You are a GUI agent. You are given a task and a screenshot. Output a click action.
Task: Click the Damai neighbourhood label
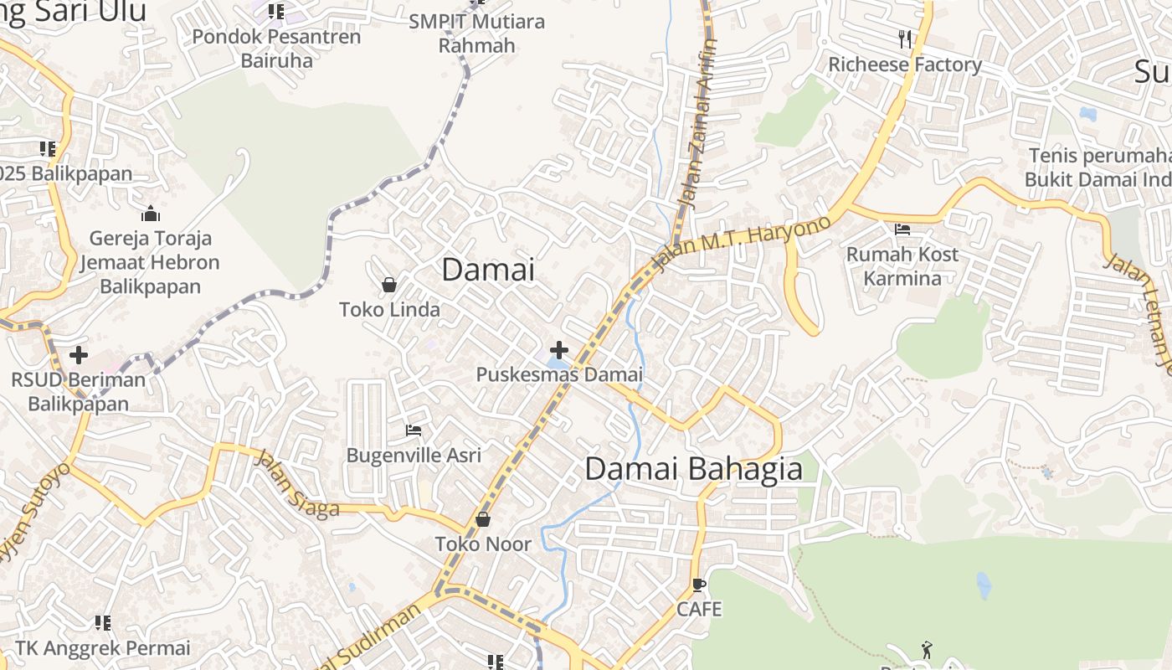487,270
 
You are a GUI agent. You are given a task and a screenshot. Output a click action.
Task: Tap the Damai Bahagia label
693,469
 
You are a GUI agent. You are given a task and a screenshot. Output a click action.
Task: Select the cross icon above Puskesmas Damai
559,350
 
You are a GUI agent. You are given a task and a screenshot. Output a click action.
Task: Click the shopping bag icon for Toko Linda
389,286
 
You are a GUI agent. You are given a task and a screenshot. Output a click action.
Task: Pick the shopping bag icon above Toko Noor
483,520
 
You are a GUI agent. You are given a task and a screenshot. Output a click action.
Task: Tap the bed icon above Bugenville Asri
414,430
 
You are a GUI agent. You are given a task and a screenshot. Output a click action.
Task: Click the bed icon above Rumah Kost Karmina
902,229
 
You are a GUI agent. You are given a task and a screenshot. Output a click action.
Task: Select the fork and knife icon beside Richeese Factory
905,39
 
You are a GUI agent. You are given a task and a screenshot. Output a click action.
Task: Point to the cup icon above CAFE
699,585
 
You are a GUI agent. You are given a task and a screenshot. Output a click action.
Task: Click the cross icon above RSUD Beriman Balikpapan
79,355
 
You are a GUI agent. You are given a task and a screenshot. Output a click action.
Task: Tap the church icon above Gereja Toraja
151,214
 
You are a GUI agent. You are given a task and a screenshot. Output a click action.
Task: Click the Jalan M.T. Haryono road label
741,244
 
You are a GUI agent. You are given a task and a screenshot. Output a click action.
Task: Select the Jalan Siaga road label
296,485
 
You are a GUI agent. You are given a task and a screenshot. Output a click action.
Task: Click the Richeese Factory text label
905,64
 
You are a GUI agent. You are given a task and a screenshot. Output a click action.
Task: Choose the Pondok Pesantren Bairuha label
276,49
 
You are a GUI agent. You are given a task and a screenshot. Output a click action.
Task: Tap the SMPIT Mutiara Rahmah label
477,33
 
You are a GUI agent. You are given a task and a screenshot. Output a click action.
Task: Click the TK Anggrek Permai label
103,648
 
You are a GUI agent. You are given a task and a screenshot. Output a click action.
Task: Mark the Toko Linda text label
389,310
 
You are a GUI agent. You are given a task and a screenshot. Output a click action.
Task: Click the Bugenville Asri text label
414,456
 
